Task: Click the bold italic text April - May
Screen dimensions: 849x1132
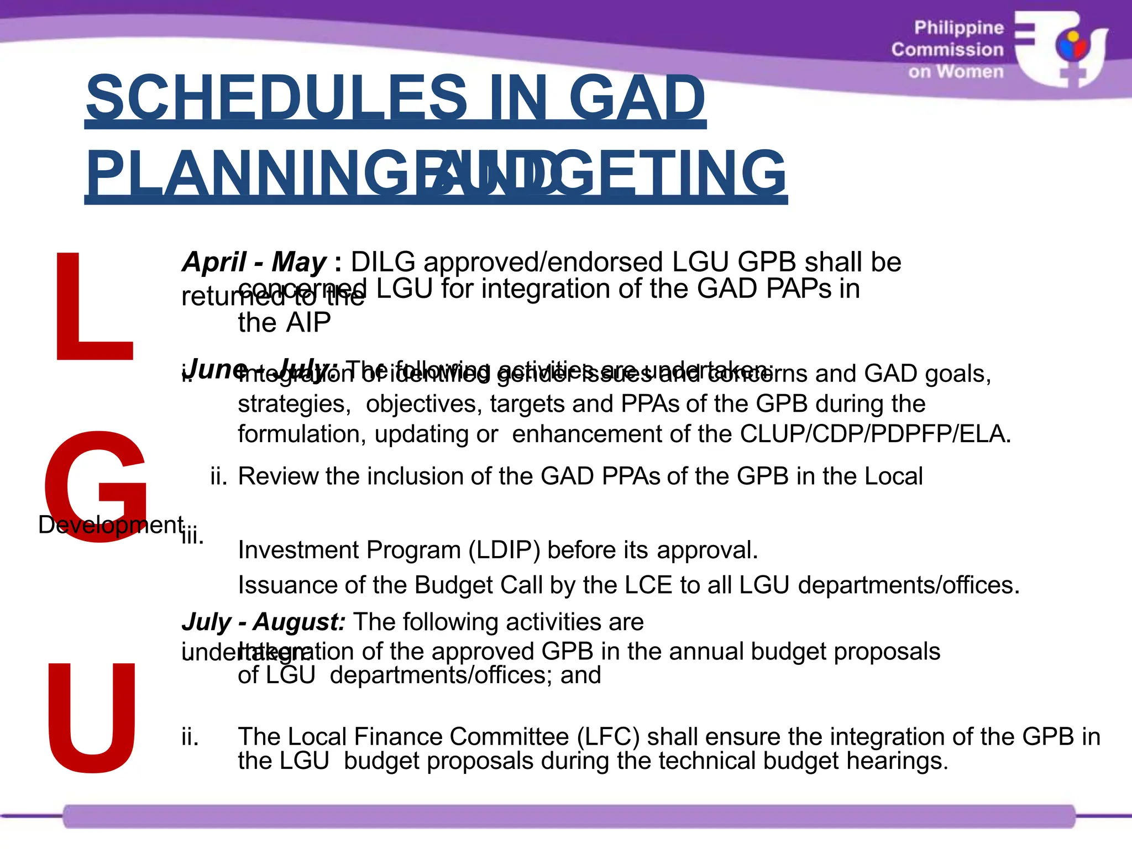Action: (254, 262)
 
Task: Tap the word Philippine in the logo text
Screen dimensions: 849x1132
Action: (958, 28)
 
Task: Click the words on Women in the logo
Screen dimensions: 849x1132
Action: (956, 72)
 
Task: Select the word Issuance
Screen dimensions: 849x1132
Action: (287, 585)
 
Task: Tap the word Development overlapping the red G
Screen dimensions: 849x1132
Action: (111, 525)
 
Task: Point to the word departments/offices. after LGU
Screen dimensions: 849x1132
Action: (909, 585)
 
